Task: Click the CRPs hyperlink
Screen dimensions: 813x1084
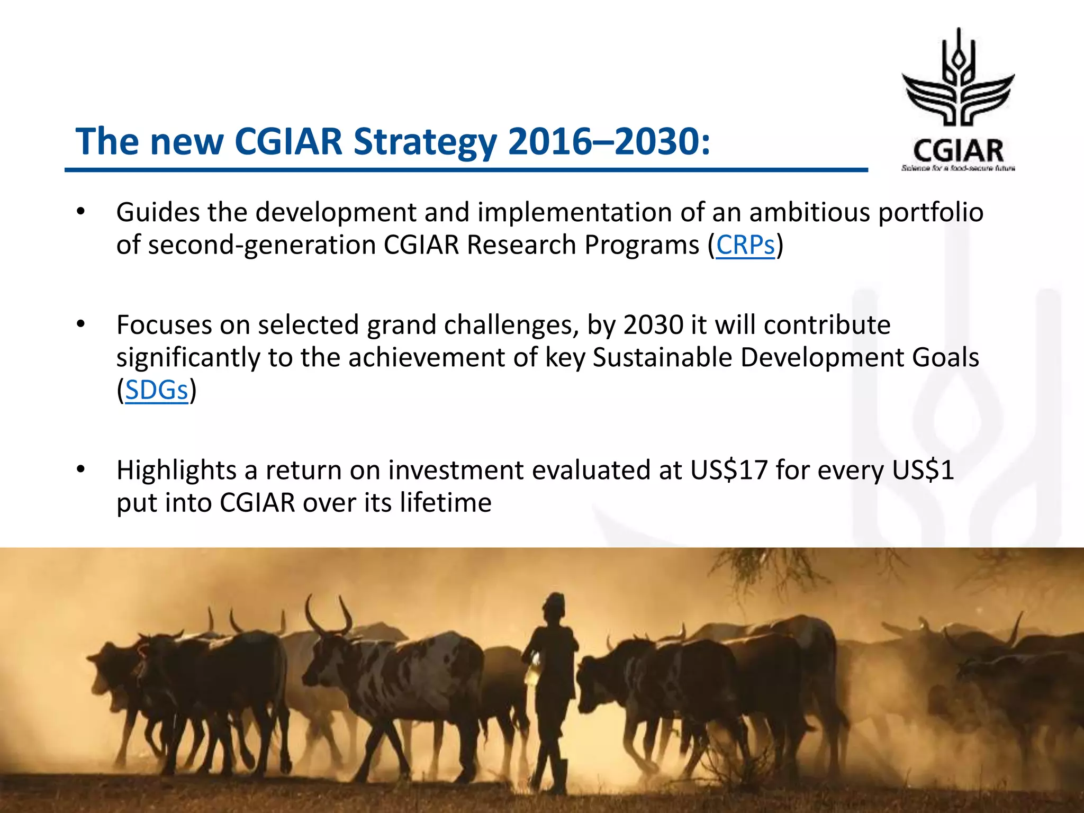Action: tap(745, 245)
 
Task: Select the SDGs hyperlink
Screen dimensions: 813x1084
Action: tap(157, 390)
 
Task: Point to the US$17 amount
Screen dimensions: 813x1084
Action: tap(729, 470)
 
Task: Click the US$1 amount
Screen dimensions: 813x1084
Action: tap(923, 470)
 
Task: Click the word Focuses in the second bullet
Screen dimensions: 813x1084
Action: tap(164, 325)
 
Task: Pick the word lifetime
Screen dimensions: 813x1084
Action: tap(445, 502)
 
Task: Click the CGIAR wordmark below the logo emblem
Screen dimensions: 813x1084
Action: tap(958, 151)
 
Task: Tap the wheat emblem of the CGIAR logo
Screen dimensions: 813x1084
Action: tap(958, 79)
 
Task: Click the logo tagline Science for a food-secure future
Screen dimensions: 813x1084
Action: tap(958, 168)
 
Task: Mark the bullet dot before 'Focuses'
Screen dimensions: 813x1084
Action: tap(80, 324)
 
